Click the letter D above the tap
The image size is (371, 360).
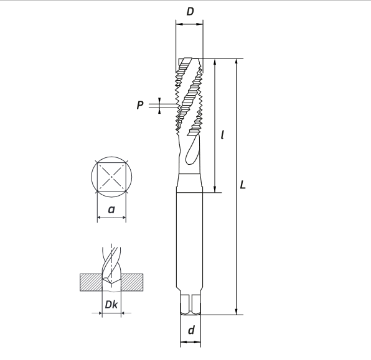coord(190,12)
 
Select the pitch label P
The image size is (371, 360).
coord(141,106)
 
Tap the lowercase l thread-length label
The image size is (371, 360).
coord(223,134)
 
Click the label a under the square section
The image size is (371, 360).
coord(111,210)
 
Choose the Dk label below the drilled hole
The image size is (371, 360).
coord(111,305)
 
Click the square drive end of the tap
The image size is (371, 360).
coord(192,304)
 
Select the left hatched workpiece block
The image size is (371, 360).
coord(90,282)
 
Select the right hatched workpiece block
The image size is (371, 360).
coord(133,282)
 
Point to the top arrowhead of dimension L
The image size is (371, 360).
coord(237,63)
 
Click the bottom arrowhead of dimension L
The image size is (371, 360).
coord(237,312)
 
